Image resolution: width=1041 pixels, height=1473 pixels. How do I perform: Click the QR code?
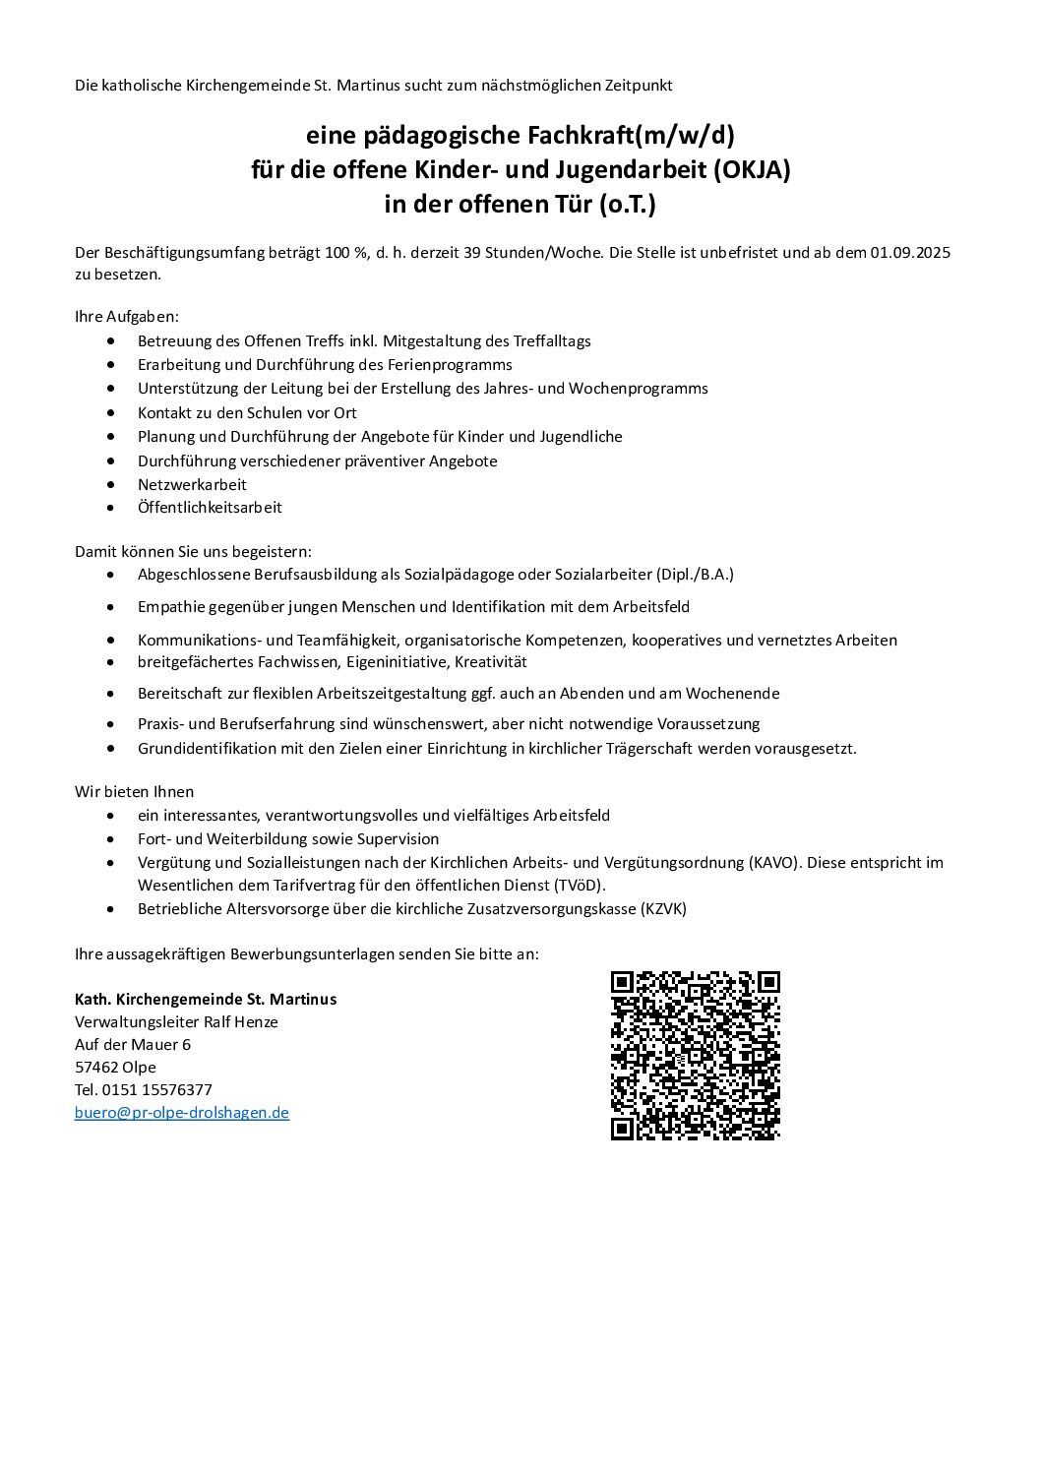(695, 1055)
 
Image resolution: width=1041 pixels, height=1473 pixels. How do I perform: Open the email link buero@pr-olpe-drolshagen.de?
(182, 1113)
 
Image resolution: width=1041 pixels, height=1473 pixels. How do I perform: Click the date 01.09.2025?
(910, 253)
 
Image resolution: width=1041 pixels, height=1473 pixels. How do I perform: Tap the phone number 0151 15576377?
(157, 1090)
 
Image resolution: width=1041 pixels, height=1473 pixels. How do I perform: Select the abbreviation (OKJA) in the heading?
(744, 169)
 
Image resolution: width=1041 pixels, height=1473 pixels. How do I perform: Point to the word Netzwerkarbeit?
(192, 485)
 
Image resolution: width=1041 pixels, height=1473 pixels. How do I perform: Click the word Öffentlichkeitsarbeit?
(210, 509)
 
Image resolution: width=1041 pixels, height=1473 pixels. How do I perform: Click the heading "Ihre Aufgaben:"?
(127, 318)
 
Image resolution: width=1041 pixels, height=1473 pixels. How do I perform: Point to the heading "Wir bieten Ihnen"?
(135, 792)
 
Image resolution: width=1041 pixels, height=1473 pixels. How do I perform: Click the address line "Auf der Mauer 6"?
(133, 1045)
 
